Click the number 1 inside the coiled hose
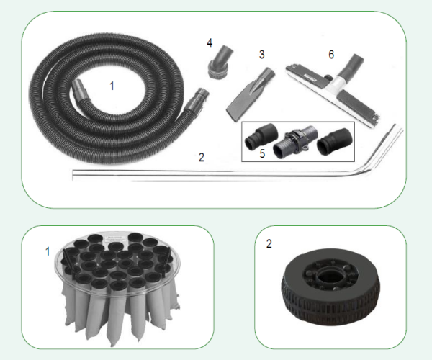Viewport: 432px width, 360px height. click(x=112, y=86)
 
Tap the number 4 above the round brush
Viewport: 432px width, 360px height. click(x=210, y=43)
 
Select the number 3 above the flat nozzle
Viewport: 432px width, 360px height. click(x=262, y=55)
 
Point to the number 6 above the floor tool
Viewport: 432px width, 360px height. click(x=331, y=55)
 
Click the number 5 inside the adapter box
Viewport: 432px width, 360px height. click(x=262, y=153)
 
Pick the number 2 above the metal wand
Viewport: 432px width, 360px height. click(x=202, y=157)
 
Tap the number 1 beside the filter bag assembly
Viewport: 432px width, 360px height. click(x=48, y=251)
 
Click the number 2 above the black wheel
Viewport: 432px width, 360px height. click(x=269, y=244)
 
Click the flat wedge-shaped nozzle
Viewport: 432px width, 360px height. click(x=249, y=95)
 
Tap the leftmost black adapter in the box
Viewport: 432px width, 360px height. click(x=261, y=138)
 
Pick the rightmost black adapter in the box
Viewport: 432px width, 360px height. click(x=335, y=140)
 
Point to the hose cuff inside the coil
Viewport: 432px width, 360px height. click(x=80, y=90)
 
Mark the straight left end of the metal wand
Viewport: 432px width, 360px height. click(x=73, y=175)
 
